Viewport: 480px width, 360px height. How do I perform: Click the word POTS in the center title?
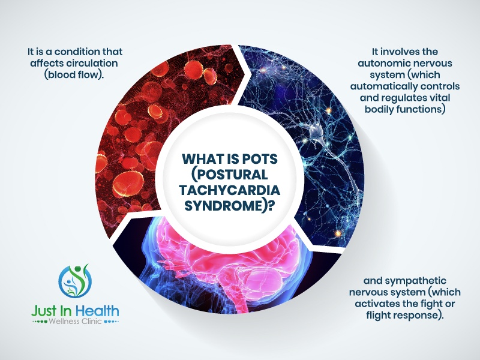point(260,159)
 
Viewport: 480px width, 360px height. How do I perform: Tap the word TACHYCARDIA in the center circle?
point(230,190)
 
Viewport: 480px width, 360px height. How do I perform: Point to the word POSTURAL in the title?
point(230,175)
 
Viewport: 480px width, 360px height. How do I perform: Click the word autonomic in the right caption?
point(385,64)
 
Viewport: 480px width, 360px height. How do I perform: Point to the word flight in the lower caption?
point(377,316)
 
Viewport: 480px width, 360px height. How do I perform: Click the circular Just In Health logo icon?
point(75,281)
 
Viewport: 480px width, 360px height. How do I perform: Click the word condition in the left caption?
point(71,52)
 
